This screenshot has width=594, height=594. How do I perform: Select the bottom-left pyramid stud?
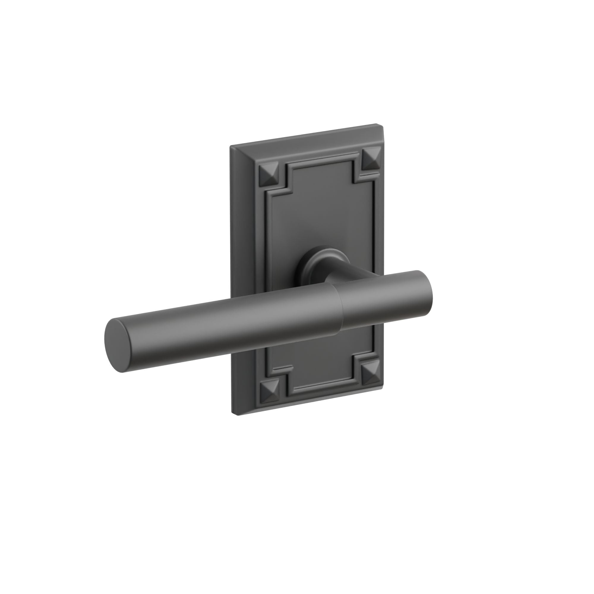coord(270,393)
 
